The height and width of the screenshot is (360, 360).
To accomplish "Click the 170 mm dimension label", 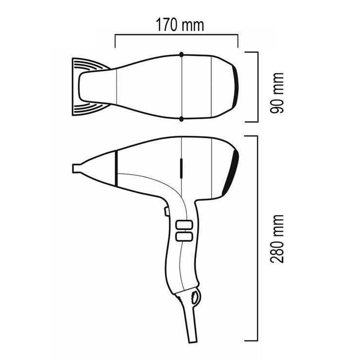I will pos(180,24).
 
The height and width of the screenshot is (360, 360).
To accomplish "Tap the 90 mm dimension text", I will pos(278,93).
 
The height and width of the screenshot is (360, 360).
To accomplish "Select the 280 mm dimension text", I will pos(278,238).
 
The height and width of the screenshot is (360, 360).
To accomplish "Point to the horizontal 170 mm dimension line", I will pos(176,35).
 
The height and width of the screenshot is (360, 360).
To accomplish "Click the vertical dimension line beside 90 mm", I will pos(256,87).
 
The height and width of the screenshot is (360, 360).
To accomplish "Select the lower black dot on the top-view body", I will pos(181,119).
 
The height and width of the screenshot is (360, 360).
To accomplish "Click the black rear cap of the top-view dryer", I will pos(236,86).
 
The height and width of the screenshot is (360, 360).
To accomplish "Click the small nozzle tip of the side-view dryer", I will pos(76,168).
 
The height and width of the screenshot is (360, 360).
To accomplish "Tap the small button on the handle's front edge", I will pos(166,211).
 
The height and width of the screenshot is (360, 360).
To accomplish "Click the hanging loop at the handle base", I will pos(195,296).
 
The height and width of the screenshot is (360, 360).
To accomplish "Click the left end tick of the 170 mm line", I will pos(115,40).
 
